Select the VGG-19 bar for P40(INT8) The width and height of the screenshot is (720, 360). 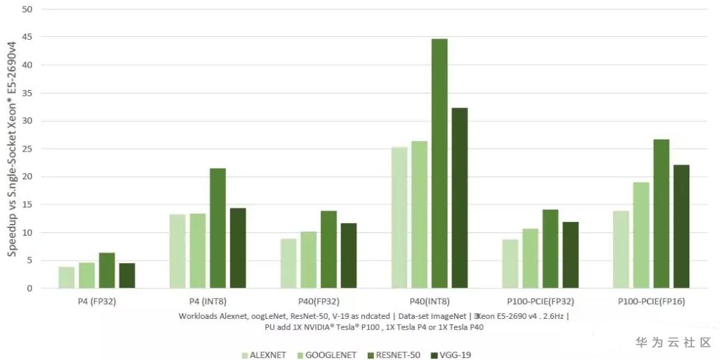[x=460, y=198]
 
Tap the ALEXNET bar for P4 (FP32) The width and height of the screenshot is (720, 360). [x=66, y=277]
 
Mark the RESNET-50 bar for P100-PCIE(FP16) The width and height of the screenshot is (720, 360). [x=661, y=213]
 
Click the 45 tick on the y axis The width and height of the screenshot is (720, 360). [x=28, y=37]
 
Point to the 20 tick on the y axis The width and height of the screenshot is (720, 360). [x=28, y=177]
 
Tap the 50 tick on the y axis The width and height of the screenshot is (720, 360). [x=28, y=9]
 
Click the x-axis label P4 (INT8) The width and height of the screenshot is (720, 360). [x=207, y=301]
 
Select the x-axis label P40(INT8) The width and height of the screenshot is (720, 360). [x=429, y=301]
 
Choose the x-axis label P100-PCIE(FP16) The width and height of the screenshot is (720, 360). [x=650, y=301]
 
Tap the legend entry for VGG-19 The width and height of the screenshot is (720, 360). [x=455, y=354]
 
